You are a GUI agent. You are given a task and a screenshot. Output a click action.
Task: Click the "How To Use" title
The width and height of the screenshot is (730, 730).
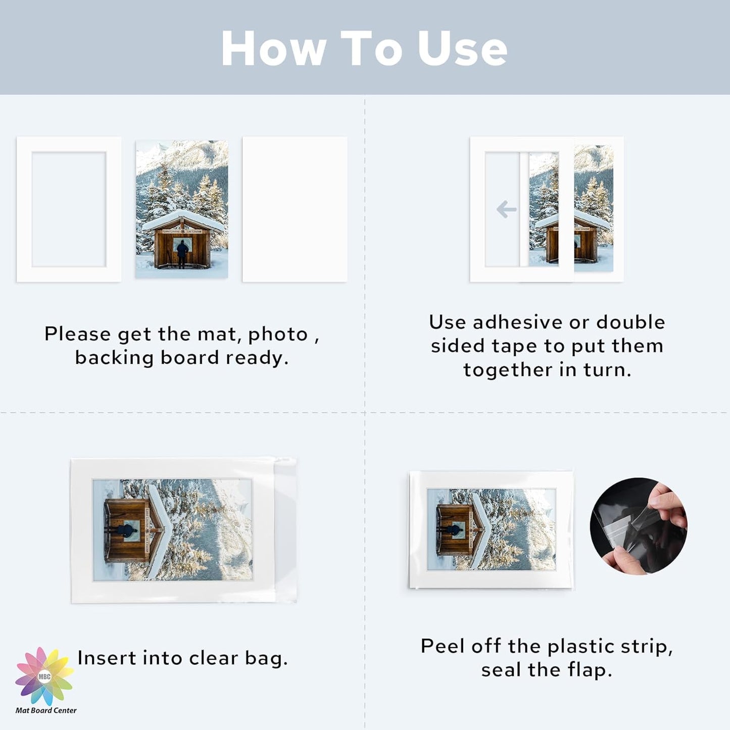point(364,48)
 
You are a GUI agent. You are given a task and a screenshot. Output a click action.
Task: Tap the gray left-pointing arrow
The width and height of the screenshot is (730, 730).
point(506,209)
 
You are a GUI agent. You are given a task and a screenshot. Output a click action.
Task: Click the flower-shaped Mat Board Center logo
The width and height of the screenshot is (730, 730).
point(44,676)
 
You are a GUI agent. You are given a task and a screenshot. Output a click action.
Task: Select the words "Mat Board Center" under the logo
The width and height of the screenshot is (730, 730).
point(46,710)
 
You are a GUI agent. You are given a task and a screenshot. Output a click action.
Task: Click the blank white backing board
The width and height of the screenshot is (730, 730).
point(295,209)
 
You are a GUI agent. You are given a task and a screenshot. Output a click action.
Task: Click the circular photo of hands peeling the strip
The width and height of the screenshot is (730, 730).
point(638,526)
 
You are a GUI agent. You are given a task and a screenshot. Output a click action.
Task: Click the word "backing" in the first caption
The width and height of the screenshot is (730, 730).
point(114,358)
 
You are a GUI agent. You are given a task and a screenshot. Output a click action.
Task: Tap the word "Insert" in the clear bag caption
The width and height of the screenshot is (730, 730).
point(107,658)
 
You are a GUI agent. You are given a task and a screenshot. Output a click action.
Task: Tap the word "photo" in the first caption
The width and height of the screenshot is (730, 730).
point(277,334)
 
